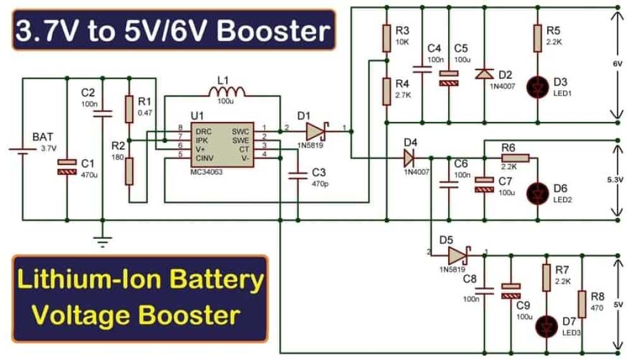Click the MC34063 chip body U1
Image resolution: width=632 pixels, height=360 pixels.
tap(222, 144)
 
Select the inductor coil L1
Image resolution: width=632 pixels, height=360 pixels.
tap(226, 92)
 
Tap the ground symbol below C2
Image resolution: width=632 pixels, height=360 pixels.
tap(102, 242)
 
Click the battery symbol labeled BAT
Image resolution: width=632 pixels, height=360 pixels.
tap(23, 150)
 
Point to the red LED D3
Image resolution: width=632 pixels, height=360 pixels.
tap(537, 87)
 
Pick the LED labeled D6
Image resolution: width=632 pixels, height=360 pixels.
tap(537, 194)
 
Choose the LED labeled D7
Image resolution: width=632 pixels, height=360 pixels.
tap(547, 326)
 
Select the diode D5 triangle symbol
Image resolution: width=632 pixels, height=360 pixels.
tap(459, 255)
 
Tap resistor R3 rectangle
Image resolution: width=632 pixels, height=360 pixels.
tap(387, 39)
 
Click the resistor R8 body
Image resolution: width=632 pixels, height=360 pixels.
tap(581, 304)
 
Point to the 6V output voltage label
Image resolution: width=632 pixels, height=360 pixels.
tap(617, 64)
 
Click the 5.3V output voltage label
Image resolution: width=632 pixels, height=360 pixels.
tap(615, 179)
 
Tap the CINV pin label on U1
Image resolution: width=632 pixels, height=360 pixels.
tap(204, 159)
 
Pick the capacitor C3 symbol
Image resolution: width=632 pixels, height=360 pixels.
tap(298, 175)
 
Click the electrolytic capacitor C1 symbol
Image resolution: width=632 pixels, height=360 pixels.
tap(67, 167)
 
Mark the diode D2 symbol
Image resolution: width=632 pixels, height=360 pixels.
tap(484, 74)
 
